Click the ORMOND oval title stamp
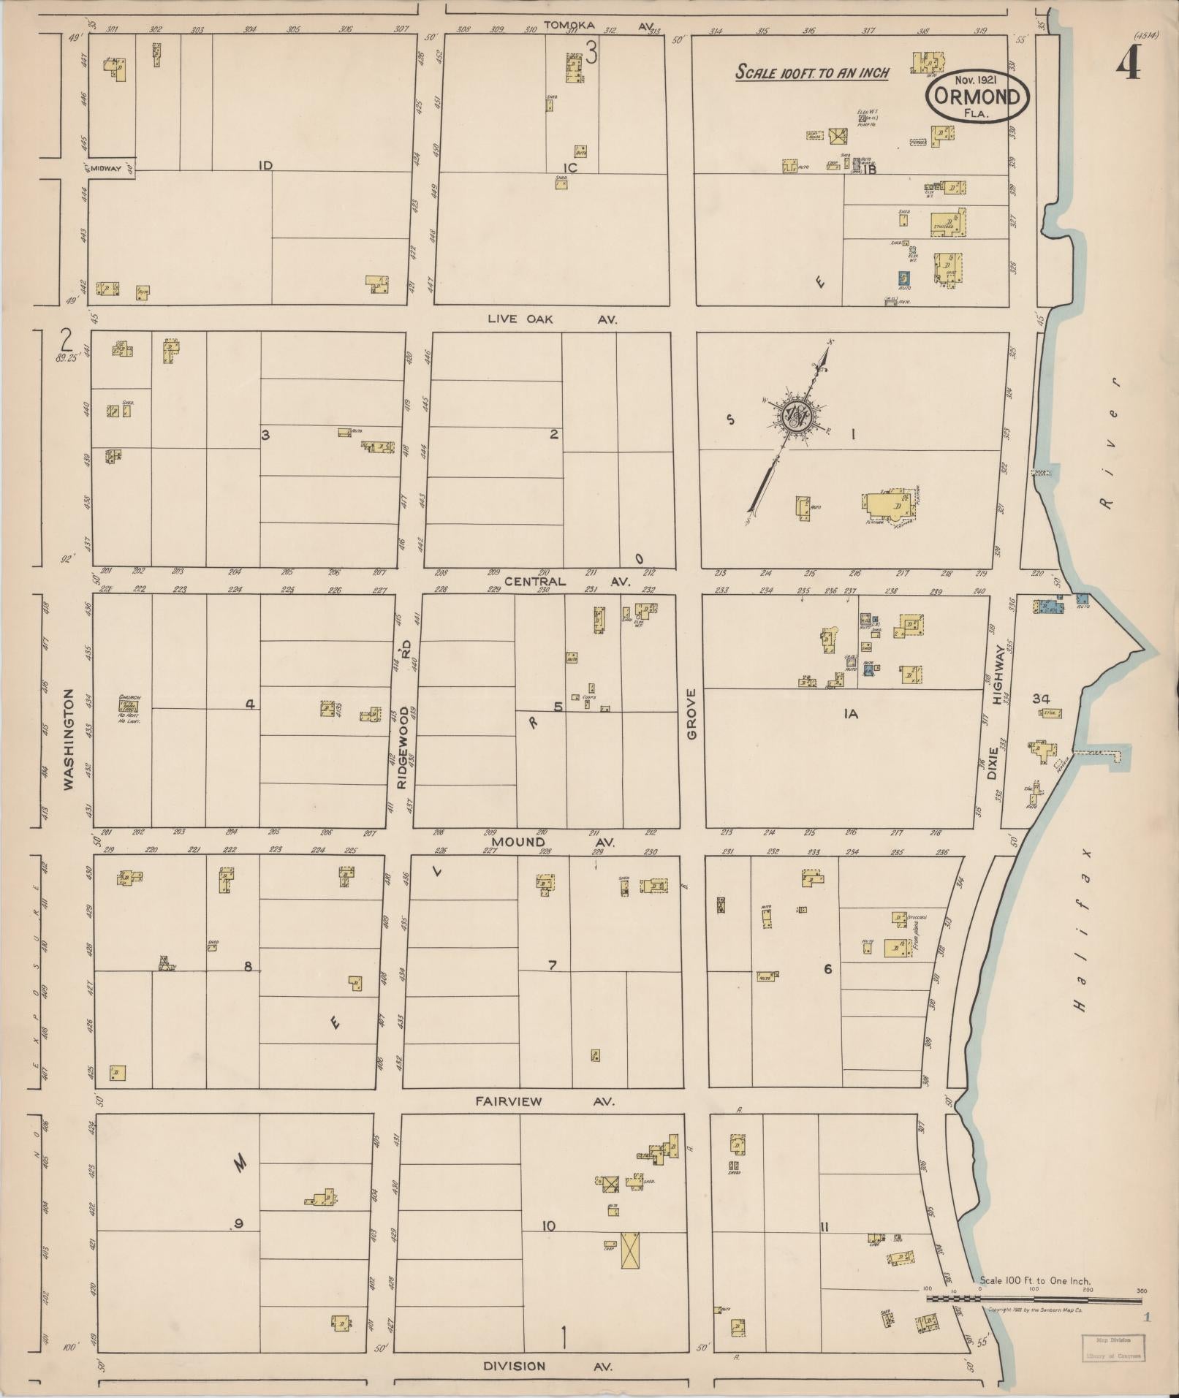tap(977, 97)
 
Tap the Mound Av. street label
tap(552, 842)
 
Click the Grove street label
tap(691, 713)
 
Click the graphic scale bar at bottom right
tap(1034, 1298)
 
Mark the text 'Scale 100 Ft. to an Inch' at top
tap(811, 72)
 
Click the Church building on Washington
tap(129, 706)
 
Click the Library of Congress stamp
tap(1112, 1346)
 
